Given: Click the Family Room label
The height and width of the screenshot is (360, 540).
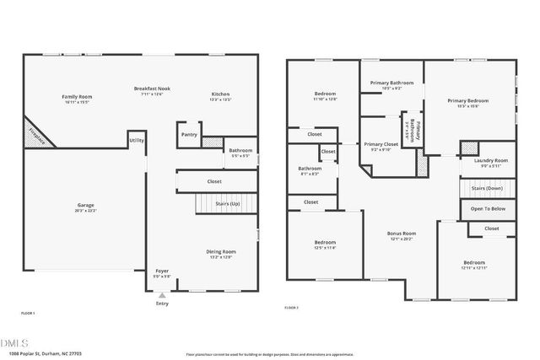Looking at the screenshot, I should (77, 98).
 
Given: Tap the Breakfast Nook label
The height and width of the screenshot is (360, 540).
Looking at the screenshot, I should (152, 89).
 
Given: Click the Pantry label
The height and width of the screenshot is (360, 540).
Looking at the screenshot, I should (189, 134).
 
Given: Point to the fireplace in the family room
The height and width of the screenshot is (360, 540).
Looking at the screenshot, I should (34, 133).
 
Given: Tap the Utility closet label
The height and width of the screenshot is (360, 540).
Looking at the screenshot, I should (137, 140).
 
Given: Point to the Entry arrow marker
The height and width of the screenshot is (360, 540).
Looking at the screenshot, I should (162, 295).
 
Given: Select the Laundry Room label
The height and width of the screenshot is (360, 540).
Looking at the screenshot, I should (490, 161).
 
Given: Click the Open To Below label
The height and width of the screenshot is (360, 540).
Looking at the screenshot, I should (488, 208).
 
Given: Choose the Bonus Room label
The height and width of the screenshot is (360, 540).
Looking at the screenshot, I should (402, 234).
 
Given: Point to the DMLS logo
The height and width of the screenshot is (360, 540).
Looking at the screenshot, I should (15, 342).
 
